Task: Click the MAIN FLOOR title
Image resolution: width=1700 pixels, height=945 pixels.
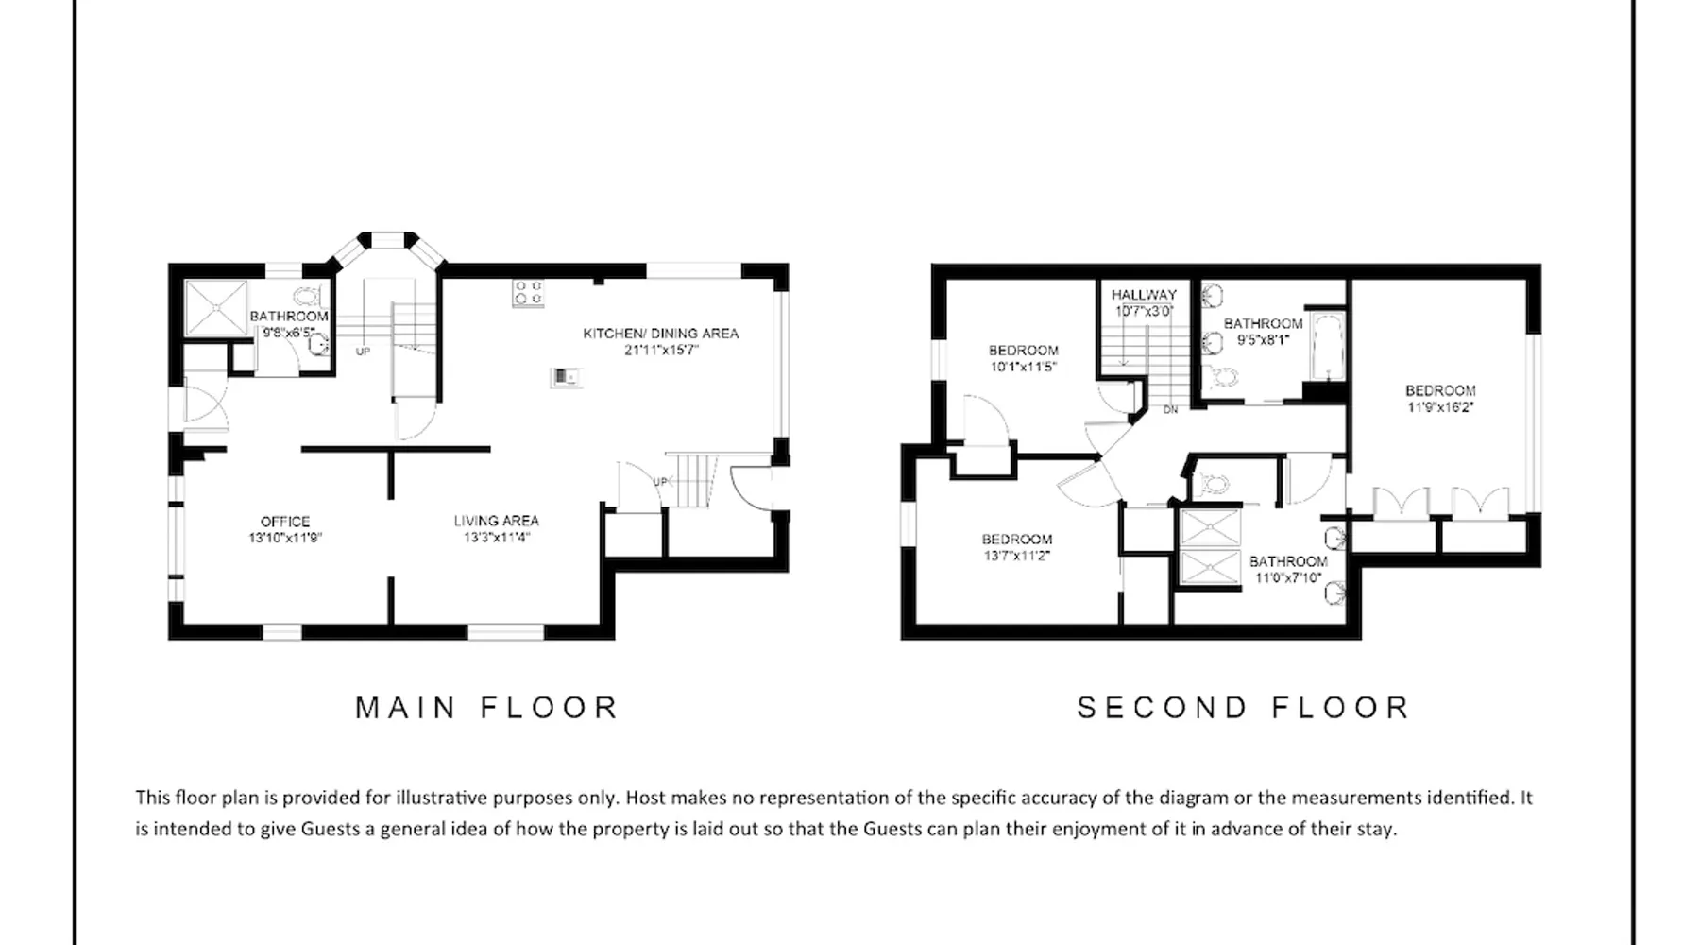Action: point(486,708)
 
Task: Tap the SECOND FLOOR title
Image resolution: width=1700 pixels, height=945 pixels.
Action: point(1244,708)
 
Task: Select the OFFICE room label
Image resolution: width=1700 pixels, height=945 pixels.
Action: point(285,522)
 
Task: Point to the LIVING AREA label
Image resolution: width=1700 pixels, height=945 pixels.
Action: point(496,521)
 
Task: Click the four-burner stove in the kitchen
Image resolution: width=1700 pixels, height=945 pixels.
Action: point(528,293)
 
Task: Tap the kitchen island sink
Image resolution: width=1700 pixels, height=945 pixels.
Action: point(566,377)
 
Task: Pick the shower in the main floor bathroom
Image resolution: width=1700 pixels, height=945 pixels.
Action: point(216,307)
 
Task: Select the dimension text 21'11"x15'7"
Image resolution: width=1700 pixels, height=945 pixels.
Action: point(660,350)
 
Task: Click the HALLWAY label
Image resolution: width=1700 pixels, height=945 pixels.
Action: point(1144,295)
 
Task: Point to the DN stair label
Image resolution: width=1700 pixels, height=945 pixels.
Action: point(1170,410)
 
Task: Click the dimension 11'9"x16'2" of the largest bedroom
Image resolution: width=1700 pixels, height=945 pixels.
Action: point(1440,407)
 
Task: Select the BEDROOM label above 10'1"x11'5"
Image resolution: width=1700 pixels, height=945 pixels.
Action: point(1024,351)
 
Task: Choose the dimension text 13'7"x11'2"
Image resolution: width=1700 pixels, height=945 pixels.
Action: point(1016,557)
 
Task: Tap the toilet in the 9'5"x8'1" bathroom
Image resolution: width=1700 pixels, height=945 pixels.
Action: point(1225,378)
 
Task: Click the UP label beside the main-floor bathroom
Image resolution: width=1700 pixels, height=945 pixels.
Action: point(363,352)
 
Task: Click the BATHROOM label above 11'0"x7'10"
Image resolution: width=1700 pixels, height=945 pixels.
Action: point(1288,561)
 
